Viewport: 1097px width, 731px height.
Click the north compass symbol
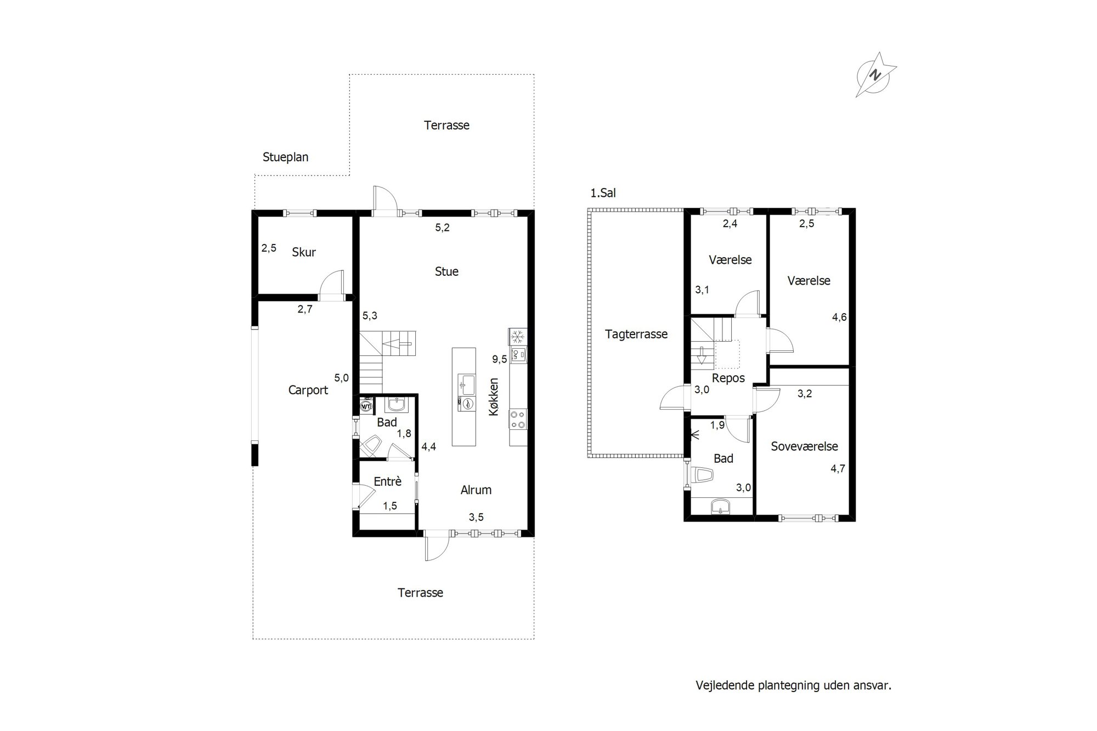876,75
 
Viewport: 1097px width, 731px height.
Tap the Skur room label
304,252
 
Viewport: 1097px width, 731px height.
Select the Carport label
308,390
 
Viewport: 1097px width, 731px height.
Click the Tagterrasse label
636,334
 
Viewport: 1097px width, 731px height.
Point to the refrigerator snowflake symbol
518,336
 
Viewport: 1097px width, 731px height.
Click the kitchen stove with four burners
518,420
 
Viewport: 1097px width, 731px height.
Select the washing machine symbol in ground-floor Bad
366,406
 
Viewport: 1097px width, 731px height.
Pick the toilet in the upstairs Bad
703,475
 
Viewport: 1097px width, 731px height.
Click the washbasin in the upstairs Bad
720,507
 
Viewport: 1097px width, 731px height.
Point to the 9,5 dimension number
500,359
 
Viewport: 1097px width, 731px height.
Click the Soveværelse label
805,446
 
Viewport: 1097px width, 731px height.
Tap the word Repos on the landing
728,378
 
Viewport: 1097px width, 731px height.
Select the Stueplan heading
285,157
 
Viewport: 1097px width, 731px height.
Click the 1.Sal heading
603,193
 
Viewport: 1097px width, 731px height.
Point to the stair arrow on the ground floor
397,344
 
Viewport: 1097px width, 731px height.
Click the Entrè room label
388,481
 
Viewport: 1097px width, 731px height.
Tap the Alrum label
476,490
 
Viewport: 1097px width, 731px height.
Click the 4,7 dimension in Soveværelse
838,469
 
